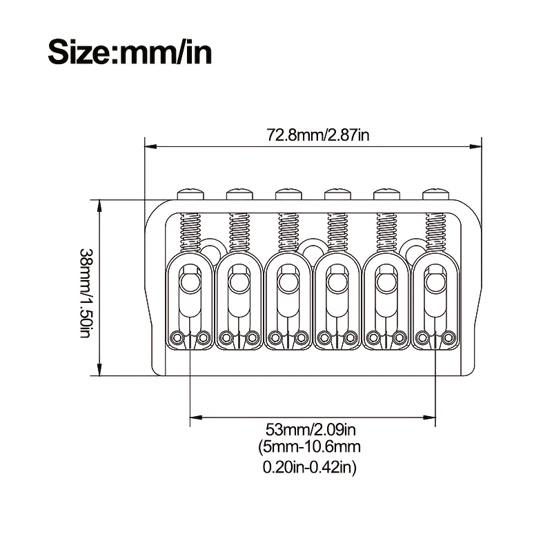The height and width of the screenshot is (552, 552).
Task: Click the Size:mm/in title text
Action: [x=129, y=52]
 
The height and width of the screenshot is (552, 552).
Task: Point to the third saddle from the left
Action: [x=288, y=300]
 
